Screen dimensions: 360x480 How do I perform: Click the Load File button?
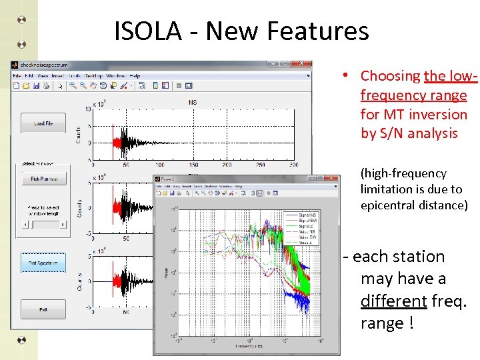click(43, 124)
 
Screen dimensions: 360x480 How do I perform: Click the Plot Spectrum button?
click(43, 263)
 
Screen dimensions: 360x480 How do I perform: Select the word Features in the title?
click(321, 31)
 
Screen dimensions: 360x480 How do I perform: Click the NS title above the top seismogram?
click(193, 103)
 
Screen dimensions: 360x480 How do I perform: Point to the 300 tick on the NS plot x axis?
click(294, 165)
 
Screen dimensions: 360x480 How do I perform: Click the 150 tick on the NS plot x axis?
click(193, 165)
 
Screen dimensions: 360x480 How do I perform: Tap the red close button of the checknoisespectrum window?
click(303, 65)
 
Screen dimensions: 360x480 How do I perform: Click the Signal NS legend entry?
click(308, 215)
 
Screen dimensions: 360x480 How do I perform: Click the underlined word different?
click(393, 301)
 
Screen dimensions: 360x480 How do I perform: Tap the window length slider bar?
click(43, 224)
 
